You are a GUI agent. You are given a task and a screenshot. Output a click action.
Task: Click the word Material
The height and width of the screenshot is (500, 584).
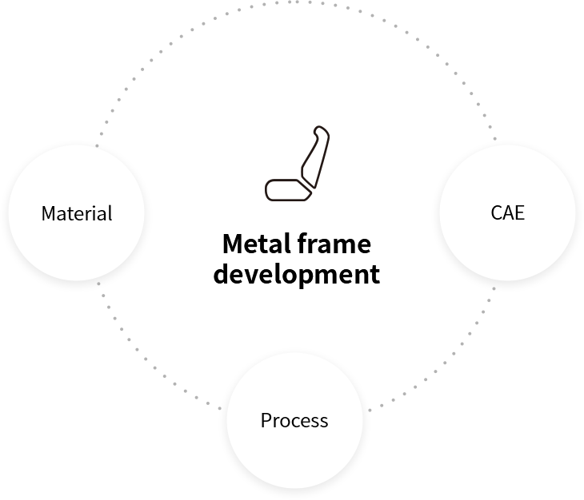[x=77, y=213]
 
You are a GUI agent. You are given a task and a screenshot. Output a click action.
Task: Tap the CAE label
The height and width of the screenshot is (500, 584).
[x=507, y=212]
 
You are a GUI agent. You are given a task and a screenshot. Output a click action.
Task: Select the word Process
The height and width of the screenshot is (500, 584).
[x=294, y=420]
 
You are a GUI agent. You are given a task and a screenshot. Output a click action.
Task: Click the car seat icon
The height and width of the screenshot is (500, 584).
[x=297, y=163]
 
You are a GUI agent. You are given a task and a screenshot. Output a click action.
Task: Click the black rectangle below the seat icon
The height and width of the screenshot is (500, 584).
[x=296, y=260]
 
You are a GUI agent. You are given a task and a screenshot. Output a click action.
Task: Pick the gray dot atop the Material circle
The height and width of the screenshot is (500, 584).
[x=97, y=145]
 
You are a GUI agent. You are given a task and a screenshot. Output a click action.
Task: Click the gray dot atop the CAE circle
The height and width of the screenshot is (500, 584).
[x=494, y=139]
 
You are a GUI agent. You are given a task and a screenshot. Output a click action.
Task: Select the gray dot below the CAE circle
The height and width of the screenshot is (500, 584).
[x=494, y=288]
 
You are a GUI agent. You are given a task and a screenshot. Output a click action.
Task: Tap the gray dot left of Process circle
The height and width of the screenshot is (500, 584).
[x=219, y=409]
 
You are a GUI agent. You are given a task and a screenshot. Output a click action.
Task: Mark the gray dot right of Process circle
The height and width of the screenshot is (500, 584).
[x=370, y=411]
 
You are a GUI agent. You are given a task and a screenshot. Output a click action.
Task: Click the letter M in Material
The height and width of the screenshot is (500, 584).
[x=48, y=213]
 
